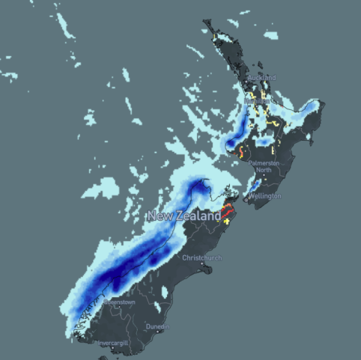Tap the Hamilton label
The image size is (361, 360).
(261, 100)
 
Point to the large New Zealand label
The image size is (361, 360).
(183, 216)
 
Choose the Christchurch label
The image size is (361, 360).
(202, 257)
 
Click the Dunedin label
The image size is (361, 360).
(158, 327)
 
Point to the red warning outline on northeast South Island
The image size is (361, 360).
(225, 209)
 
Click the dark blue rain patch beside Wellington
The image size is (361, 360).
(255, 184)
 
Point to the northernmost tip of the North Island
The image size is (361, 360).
(205, 23)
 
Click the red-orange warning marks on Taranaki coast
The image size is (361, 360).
(240, 153)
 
